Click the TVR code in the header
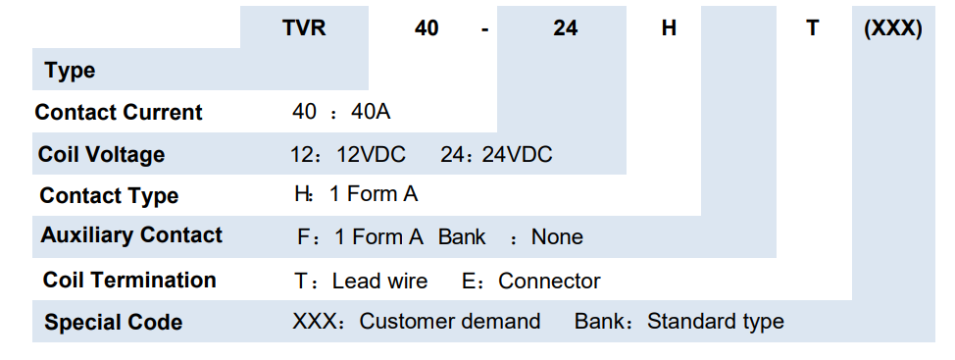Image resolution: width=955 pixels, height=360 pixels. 304,28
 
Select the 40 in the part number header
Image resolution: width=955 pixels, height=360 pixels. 427,28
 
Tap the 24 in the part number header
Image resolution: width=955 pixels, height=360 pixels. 565,28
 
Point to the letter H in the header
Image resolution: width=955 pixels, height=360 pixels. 669,28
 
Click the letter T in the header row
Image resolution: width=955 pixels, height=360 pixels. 813,28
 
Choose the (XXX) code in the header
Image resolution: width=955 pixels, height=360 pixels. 893,28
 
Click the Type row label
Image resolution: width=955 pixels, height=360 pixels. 70,71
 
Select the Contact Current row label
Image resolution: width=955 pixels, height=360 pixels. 119,112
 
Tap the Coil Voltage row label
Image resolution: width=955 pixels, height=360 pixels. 101,154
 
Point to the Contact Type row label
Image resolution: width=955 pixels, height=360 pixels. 109,195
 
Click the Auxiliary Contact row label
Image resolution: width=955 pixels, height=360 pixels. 131,235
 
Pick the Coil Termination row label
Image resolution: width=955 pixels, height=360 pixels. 129,280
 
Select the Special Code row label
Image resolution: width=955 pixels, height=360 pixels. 114,322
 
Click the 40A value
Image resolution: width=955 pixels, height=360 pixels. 371,112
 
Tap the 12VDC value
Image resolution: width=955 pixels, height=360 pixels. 371,155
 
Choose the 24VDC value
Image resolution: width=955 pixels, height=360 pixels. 517,155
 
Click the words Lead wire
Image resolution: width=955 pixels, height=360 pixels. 380,281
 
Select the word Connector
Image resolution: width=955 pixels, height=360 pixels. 549,281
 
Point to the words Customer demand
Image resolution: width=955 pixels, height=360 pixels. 450,321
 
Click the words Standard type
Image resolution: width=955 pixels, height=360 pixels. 716,322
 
